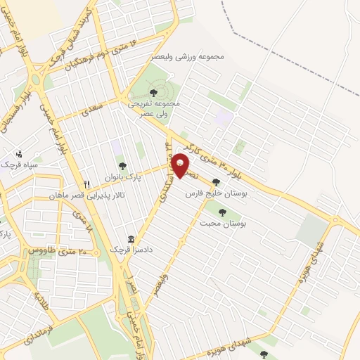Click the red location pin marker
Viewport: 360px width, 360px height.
coord(181,165)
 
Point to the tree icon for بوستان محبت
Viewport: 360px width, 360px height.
coord(222,212)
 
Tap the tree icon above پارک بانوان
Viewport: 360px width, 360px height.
coord(122,167)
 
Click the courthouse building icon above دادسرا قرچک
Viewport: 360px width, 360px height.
coord(131,239)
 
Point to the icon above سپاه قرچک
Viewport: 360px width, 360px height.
coord(19,153)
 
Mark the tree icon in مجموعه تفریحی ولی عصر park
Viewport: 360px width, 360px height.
coord(153,91)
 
